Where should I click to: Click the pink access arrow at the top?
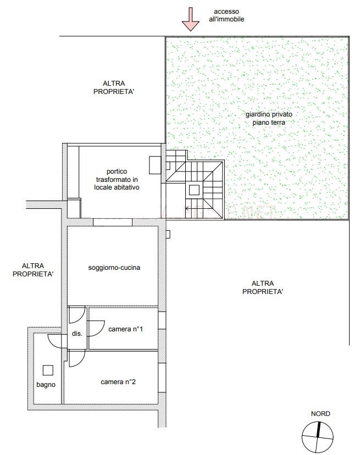(x=191, y=19)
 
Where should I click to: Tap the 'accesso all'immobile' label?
(x=226, y=15)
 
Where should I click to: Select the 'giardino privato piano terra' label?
(x=269, y=118)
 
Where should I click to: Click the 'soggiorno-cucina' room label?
(x=114, y=268)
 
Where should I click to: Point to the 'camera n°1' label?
(x=125, y=329)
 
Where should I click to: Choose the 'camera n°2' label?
(x=118, y=382)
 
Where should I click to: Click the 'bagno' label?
(x=46, y=385)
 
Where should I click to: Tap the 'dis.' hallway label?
(x=77, y=334)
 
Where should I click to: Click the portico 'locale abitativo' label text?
(x=117, y=187)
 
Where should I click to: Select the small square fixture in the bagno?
(x=48, y=370)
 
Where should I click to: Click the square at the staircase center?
(x=194, y=190)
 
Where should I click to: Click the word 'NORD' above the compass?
(x=320, y=414)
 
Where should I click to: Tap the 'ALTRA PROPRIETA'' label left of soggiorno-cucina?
(x=33, y=270)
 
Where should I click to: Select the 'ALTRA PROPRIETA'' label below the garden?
(x=263, y=287)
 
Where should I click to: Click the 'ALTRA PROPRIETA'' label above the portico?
(x=114, y=87)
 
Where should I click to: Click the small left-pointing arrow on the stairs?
(x=187, y=208)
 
